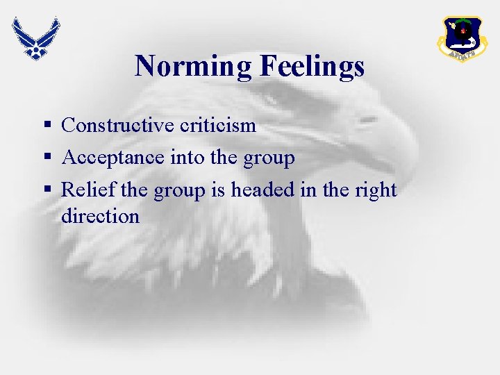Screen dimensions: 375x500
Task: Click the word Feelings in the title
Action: [312, 67]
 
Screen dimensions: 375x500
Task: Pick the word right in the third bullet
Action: [375, 190]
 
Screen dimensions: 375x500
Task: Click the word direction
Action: [100, 216]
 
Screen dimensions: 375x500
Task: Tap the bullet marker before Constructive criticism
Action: [47, 126]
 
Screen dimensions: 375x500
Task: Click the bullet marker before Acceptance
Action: [47, 158]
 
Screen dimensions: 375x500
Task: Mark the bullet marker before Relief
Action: [47, 190]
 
